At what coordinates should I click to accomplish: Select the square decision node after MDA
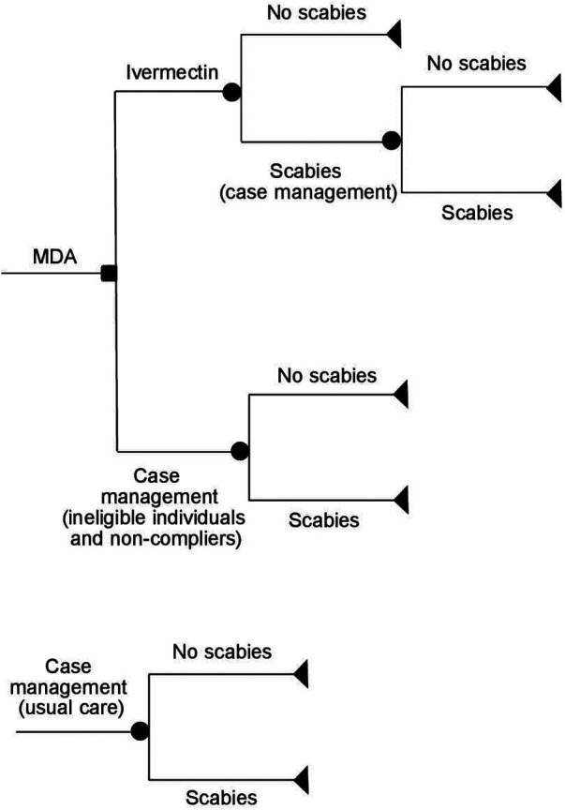(109, 274)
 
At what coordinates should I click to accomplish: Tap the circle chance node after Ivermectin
(230, 92)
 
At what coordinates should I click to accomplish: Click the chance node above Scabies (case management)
(392, 142)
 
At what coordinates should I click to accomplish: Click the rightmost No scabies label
(476, 64)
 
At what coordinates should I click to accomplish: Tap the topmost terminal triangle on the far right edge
(554, 87)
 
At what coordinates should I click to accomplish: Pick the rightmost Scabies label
(477, 213)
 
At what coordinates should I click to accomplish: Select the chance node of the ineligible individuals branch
(240, 451)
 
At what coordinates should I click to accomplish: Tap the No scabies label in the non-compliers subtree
(326, 375)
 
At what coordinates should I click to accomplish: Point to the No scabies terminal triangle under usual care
(301, 671)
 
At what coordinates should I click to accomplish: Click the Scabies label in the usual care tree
(221, 798)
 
